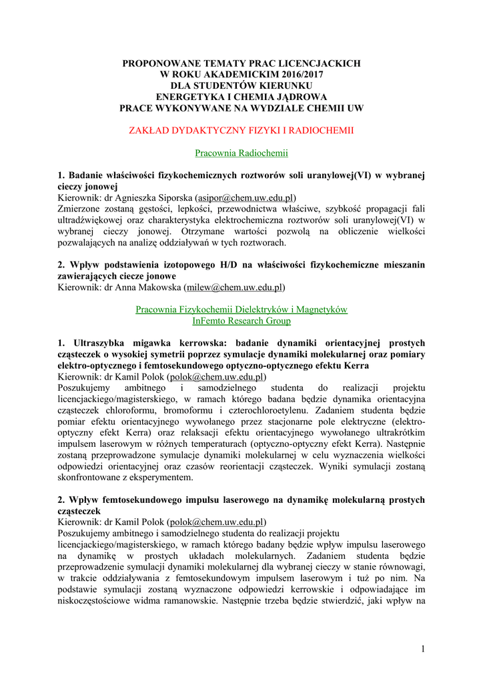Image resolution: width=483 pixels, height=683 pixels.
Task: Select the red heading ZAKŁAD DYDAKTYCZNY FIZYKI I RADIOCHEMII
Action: pos(241,130)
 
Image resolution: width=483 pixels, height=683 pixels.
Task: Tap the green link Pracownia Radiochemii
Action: pos(241,153)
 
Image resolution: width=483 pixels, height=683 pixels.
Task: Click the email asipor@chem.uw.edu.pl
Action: pos(245,198)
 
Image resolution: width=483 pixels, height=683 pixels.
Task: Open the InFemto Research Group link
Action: pos(241,321)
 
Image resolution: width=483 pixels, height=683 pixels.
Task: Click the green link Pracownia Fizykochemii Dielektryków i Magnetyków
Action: pos(241,310)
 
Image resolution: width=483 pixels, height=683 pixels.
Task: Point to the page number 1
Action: pos(423,650)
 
